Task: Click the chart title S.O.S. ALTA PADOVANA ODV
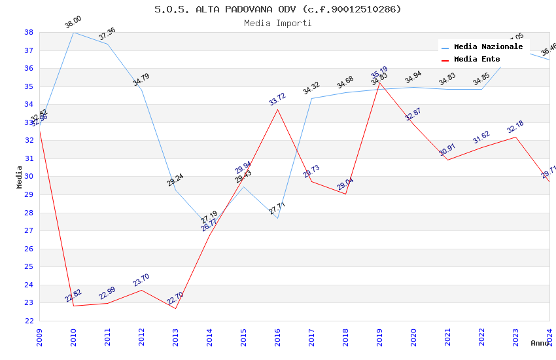coord(278,9)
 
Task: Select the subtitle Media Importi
coord(278,23)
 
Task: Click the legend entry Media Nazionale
coord(488,47)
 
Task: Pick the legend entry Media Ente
coord(477,59)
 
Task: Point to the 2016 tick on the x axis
coord(277,332)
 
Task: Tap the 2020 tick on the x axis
coord(413,332)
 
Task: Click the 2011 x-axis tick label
coord(107,332)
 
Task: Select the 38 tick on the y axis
coord(29,32)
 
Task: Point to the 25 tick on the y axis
coord(29,266)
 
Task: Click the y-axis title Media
coord(20,177)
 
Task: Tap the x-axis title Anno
coord(540,343)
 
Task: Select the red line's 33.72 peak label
coord(277,99)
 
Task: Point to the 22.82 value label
coord(73,296)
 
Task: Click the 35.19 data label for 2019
coord(379,72)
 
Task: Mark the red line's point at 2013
coord(175,308)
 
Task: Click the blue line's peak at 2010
coord(73,32)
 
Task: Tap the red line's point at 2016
coord(277,109)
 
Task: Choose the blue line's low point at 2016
coord(277,218)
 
